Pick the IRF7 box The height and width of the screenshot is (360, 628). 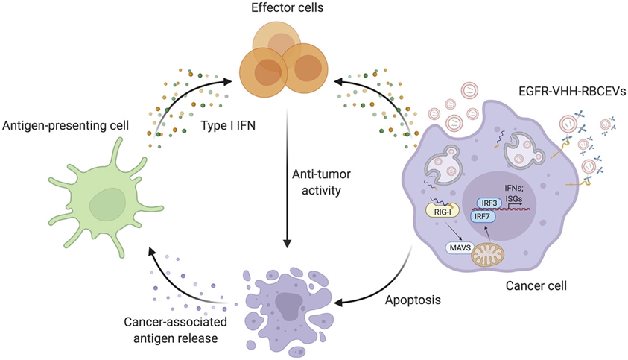pos(482,217)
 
